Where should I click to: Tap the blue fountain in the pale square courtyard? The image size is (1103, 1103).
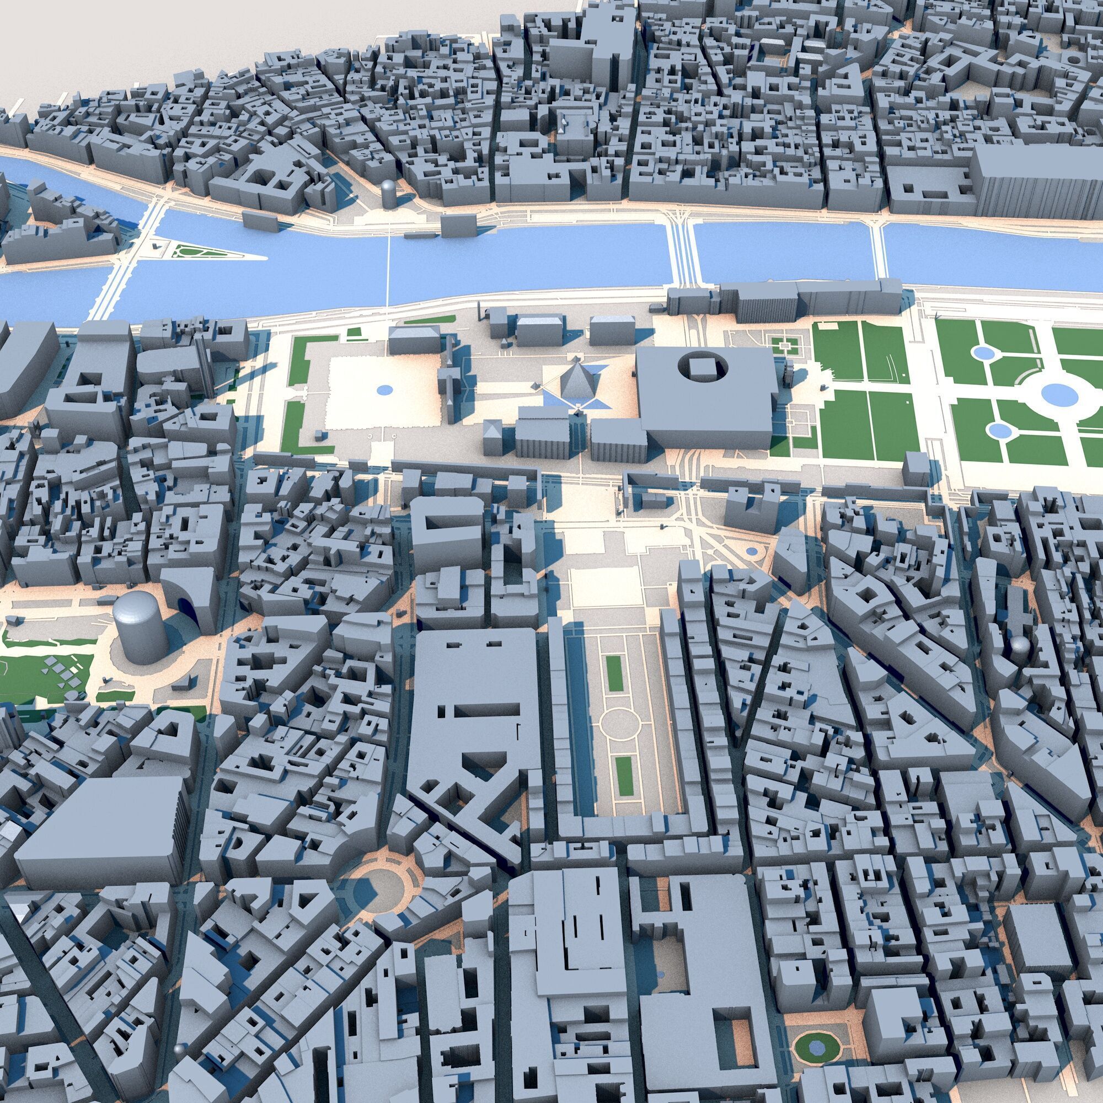385,390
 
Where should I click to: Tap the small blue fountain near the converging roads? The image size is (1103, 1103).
751,552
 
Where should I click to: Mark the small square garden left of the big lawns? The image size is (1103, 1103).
784,344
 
